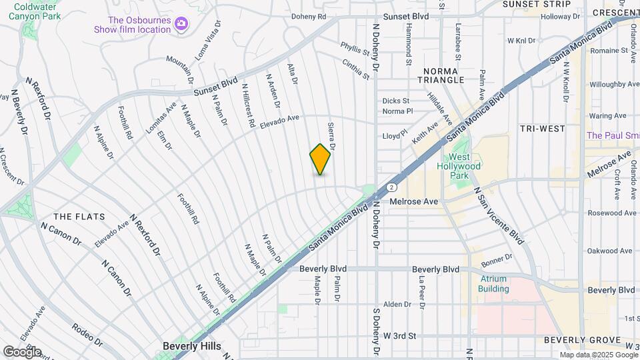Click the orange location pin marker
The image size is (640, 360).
(x=321, y=159)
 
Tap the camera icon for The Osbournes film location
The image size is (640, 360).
(x=181, y=25)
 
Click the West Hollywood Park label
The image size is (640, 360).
(x=458, y=170)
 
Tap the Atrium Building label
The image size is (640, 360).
(x=493, y=284)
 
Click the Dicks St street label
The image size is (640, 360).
(x=396, y=101)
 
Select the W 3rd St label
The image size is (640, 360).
(x=400, y=336)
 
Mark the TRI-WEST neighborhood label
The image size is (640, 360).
(x=543, y=129)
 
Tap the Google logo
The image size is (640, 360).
(x=22, y=351)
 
